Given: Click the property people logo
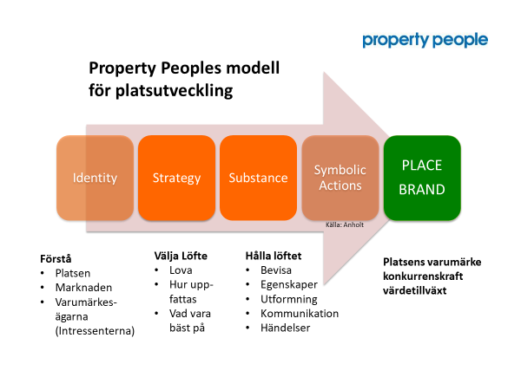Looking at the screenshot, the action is click(x=425, y=41).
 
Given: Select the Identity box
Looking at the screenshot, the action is click(x=95, y=178).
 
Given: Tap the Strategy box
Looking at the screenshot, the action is click(x=176, y=178).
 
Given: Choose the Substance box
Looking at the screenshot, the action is click(x=258, y=178).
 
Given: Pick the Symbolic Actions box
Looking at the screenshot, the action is click(x=340, y=178).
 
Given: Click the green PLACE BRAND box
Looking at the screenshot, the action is click(x=422, y=178).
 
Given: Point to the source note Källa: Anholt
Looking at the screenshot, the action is click(x=345, y=224).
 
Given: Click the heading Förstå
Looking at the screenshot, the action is click(x=56, y=258).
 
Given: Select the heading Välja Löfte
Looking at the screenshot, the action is click(x=181, y=256).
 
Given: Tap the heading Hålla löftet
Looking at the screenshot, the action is click(x=274, y=256).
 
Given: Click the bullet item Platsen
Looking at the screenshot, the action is click(x=73, y=273).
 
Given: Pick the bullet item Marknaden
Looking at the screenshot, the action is click(x=83, y=288).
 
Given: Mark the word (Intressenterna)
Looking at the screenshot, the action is click(x=95, y=331).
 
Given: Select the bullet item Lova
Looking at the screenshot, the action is click(x=181, y=270).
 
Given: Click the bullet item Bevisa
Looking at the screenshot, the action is click(x=276, y=270).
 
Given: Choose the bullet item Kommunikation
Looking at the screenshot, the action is click(x=300, y=314).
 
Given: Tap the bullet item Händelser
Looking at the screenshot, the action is click(x=286, y=328).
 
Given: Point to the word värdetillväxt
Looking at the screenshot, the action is click(x=415, y=291).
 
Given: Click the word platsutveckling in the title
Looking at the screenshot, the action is click(x=175, y=90).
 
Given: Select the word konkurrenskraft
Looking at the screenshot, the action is click(x=423, y=276).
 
